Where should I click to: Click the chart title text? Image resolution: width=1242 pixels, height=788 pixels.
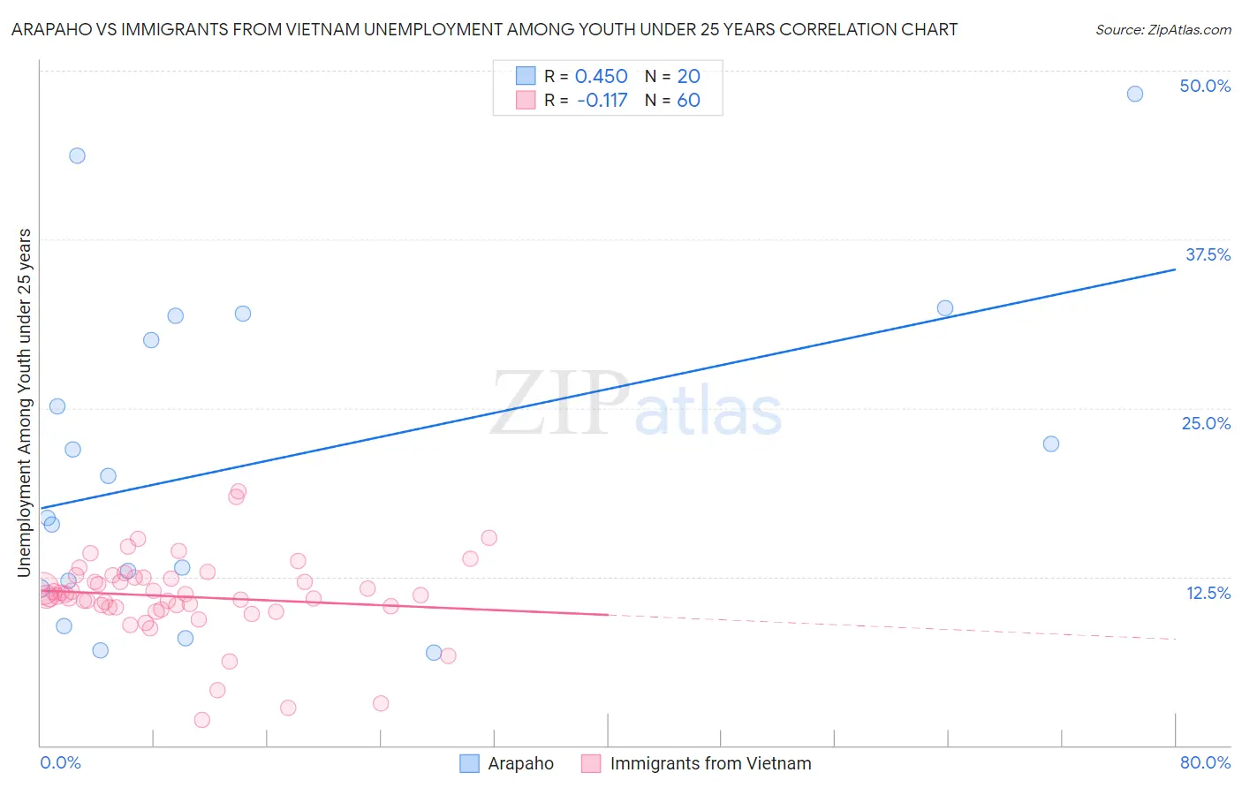coord(484,30)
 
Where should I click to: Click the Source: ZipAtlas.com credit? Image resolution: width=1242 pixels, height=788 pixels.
coord(1162,30)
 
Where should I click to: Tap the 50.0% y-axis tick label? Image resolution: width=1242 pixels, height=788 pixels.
coord(1205,86)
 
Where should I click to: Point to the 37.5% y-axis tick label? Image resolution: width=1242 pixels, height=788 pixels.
coord(1208,254)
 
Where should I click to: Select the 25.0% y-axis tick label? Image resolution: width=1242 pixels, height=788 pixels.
coord(1206,423)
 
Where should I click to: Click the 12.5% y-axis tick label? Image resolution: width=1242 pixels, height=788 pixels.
coord(1208,593)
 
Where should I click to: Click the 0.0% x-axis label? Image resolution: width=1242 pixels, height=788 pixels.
coord(60,762)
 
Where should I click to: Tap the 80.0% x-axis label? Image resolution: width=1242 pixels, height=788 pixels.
coord(1205,762)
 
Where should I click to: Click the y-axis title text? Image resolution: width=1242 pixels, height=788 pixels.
coord(25,403)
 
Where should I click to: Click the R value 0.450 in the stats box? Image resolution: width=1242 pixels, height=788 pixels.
coord(601,77)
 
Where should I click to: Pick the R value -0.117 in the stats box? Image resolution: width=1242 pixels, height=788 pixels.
coord(602,101)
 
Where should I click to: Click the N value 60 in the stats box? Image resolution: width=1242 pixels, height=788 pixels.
coord(688,101)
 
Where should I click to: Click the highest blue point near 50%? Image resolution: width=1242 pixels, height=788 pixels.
coord(1135,94)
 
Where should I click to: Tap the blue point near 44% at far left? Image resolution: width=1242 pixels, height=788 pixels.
coord(77,155)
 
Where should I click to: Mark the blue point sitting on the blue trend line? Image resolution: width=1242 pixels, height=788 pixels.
coord(945,308)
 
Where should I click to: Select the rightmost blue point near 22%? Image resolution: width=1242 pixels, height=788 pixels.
coord(1051,443)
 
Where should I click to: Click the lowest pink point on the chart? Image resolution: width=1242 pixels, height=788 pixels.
coord(201,720)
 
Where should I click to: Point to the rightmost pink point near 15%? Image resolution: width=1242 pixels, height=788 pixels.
coord(488,538)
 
